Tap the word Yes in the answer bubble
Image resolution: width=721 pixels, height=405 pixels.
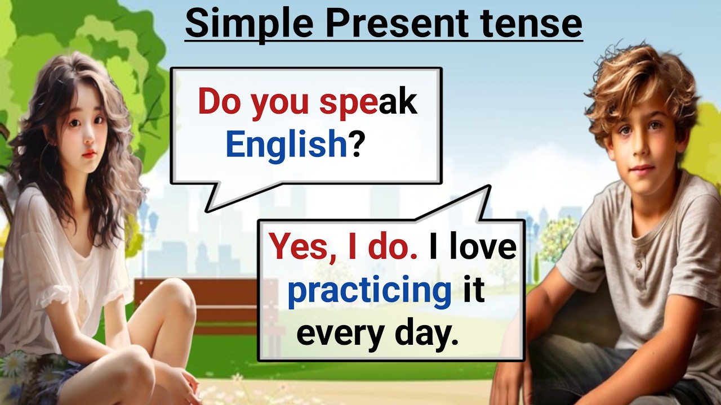point(299,247)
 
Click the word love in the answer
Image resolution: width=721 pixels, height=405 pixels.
point(484,247)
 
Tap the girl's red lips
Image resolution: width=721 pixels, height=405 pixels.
point(88,153)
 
